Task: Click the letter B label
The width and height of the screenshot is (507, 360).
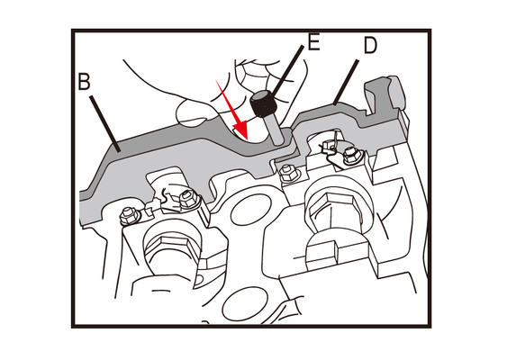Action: coord(85,81)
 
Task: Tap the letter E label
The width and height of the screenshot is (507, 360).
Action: coord(313,41)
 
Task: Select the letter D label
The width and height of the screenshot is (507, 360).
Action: coord(370,45)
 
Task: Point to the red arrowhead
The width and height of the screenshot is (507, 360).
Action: coord(240,130)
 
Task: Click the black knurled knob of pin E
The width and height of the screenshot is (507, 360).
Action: coord(262,103)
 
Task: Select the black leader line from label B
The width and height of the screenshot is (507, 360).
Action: coord(105,123)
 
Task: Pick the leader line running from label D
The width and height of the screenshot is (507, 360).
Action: coord(347,82)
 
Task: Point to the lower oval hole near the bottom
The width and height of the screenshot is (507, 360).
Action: coord(246,305)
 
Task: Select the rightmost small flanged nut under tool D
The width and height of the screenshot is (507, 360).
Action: coord(351,155)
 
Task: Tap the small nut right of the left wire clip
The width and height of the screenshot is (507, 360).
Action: coord(187,200)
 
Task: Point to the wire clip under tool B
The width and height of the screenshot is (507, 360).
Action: coord(168,202)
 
